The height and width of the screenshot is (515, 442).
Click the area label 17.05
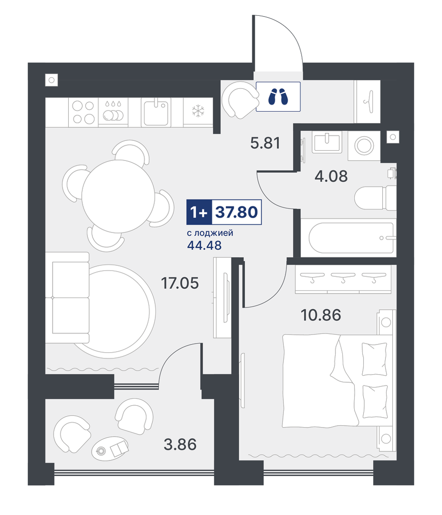(x=180, y=283)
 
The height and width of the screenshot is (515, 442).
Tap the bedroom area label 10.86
(x=321, y=315)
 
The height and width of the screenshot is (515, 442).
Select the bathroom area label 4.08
(x=331, y=177)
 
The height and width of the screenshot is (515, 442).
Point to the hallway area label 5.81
(x=265, y=143)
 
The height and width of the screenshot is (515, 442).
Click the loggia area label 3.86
(x=180, y=444)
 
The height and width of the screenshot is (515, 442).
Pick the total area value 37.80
(x=236, y=212)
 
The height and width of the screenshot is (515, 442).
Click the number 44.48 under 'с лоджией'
(x=204, y=245)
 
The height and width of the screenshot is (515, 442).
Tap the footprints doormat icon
(x=278, y=96)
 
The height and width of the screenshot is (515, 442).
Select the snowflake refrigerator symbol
(x=198, y=111)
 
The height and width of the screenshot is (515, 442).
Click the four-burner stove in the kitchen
(x=84, y=112)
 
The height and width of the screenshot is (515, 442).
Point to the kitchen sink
(x=156, y=112)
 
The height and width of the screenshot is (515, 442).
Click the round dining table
(x=118, y=197)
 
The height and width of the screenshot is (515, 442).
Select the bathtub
(x=351, y=238)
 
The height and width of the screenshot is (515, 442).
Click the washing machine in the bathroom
(x=364, y=146)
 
